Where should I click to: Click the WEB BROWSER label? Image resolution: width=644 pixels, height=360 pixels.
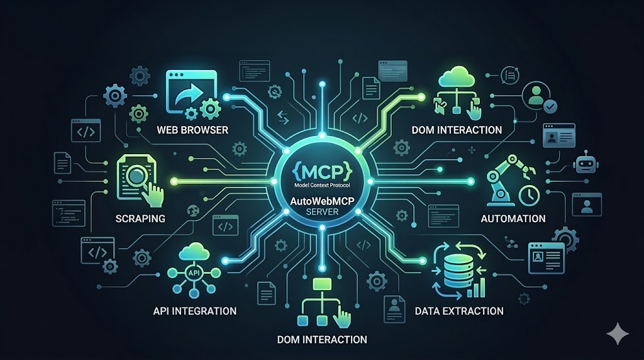192,130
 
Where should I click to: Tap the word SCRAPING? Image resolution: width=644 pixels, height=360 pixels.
140,218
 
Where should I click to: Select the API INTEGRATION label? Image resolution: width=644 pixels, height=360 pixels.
195,311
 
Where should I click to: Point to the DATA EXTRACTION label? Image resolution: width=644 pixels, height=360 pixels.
459,311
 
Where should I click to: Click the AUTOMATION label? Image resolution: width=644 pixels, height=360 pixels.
513,218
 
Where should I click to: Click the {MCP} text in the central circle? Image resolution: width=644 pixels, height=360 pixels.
323,171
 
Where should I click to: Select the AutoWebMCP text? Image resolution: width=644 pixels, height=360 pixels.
323,201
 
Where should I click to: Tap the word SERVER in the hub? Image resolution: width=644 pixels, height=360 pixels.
323,212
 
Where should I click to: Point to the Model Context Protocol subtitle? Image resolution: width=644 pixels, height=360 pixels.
323,185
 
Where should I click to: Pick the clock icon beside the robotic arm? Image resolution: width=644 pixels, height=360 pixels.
530,195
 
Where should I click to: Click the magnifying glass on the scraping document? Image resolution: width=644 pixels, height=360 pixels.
136,176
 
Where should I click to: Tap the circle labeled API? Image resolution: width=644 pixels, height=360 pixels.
194,273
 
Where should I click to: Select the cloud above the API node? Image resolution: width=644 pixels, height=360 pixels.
194,251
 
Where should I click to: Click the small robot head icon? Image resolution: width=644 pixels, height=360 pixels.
586,163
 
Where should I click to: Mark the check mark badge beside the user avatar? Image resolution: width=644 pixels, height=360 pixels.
550,107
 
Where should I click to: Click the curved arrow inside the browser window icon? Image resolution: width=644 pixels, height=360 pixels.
189,95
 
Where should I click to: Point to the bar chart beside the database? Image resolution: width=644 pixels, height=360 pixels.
477,288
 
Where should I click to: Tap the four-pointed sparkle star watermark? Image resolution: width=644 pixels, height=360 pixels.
618,334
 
